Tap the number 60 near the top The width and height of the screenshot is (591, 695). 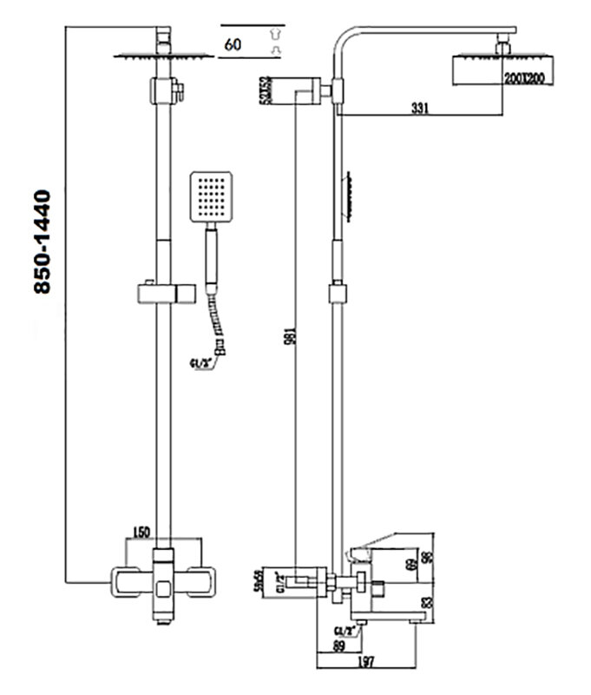233,43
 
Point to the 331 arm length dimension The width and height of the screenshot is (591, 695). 419,108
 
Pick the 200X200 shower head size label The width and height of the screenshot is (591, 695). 523,79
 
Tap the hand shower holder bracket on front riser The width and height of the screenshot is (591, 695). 162,293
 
